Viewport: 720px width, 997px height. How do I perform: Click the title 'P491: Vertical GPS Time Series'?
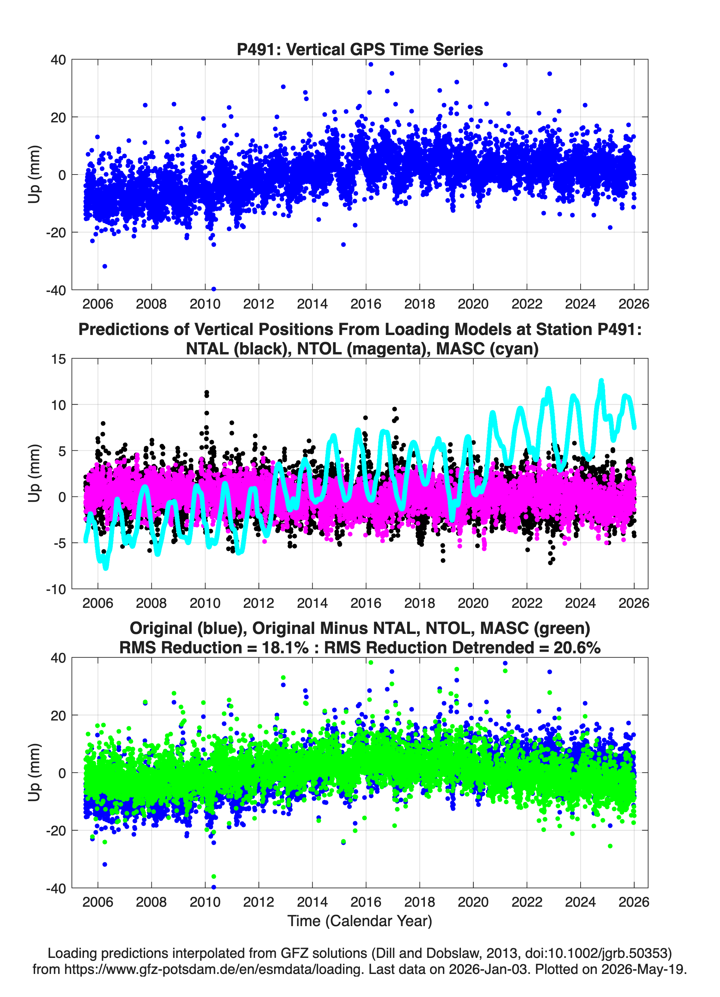(360, 49)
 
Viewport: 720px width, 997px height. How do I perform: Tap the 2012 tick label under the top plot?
(258, 304)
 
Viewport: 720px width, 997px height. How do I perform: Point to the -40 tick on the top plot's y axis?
(56, 290)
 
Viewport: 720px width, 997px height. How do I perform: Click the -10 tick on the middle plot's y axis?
(56, 589)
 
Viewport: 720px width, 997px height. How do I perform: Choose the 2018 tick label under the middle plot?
(419, 603)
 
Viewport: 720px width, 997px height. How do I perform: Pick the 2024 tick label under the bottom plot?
(580, 902)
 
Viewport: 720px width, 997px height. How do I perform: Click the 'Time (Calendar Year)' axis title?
(360, 920)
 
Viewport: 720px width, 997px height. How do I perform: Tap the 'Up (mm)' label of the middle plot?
(34, 473)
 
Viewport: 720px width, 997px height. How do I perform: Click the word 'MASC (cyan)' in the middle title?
(487, 349)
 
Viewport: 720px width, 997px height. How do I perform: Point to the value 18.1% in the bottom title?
(285, 648)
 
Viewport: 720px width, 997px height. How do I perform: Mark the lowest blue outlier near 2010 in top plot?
(214, 289)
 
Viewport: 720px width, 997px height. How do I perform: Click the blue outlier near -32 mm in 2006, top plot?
(105, 266)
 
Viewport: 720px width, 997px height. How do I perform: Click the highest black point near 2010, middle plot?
(207, 392)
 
